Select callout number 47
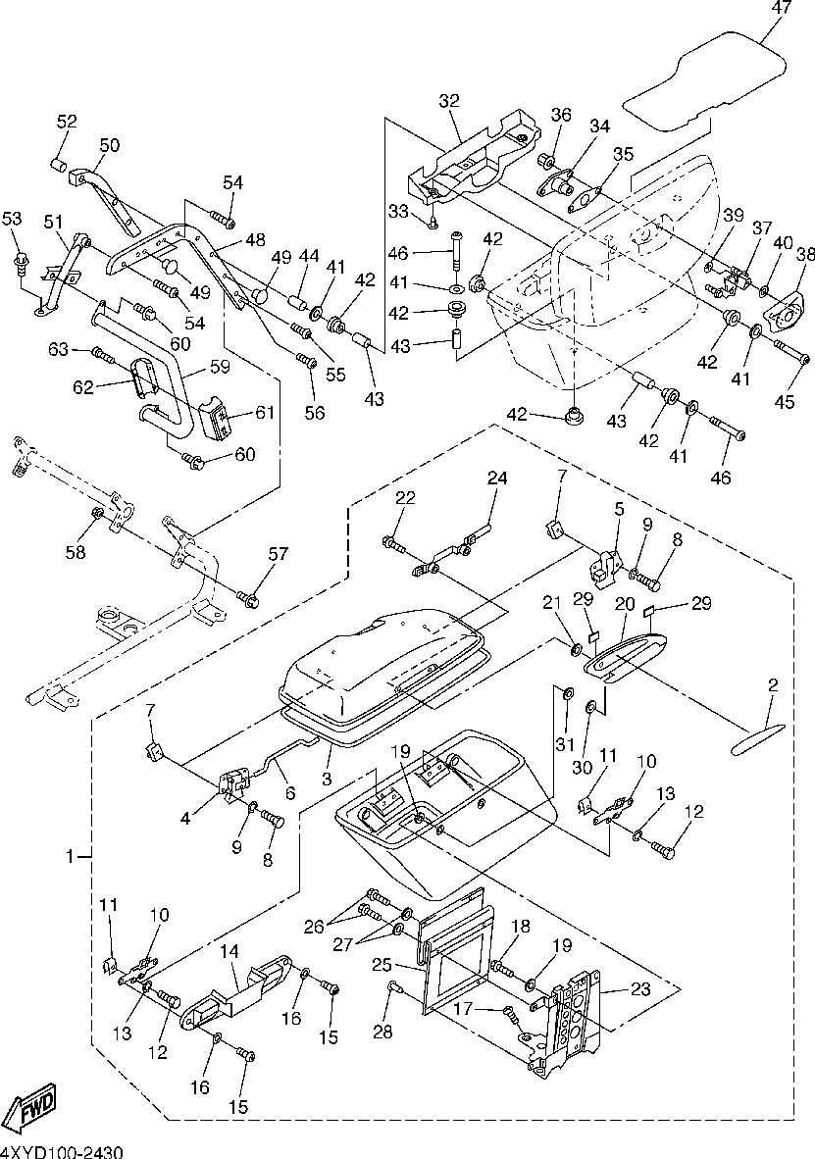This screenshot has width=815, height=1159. click(x=781, y=8)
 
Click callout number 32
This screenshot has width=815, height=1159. click(x=449, y=101)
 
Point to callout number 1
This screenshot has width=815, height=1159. click(x=71, y=857)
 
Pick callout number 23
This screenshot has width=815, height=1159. click(x=640, y=989)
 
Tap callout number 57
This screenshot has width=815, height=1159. click(x=279, y=554)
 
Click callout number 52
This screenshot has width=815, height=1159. click(x=67, y=122)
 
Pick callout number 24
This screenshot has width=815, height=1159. click(x=497, y=479)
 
